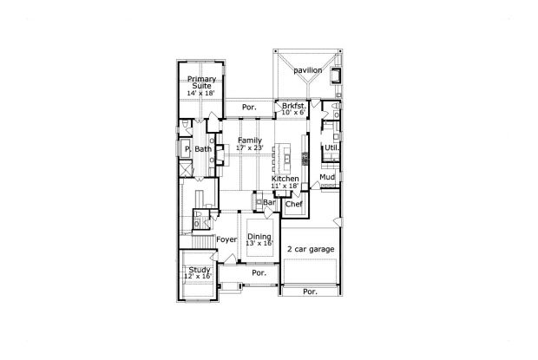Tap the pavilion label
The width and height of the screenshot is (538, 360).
pos(307,69)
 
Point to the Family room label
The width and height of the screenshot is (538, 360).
pos(250,140)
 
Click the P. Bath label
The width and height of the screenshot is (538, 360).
pos(199,149)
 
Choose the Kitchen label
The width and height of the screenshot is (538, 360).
pos(285,179)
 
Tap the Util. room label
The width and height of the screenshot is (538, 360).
pos(331,147)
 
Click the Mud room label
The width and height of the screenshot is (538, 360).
pos(326,177)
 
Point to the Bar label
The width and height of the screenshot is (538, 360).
pos(270,203)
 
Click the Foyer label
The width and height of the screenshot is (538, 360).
pos(226,239)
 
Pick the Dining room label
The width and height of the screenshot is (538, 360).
pos(259,237)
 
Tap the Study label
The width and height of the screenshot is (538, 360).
pos(200,271)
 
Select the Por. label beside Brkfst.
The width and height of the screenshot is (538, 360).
pos(249,108)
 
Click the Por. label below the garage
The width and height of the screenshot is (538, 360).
pos(310,291)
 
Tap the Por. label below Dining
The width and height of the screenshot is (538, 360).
pos(258,272)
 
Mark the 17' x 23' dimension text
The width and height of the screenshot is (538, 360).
pos(250,147)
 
